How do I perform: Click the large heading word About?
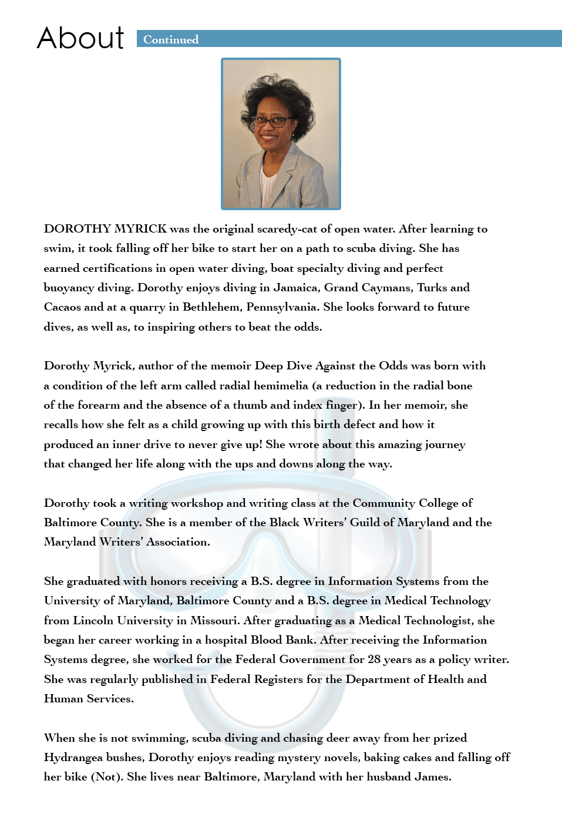point(80,38)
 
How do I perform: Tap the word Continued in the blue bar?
point(171,39)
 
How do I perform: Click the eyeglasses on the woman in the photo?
point(271,122)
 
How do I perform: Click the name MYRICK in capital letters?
point(140,228)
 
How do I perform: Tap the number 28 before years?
point(374,659)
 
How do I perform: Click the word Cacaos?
point(62,307)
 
